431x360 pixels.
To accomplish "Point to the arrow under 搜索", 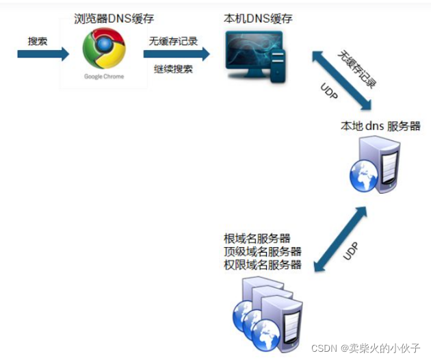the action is tap(43, 53).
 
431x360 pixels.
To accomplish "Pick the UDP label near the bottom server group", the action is tap(350, 250).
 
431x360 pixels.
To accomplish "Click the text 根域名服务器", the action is tap(257, 239).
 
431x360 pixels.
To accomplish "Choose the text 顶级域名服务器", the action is tap(263, 252).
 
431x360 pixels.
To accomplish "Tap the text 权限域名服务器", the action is tap(263, 265).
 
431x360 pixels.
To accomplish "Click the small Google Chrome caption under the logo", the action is tap(104, 77).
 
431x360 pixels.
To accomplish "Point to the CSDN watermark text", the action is tap(365, 348).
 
